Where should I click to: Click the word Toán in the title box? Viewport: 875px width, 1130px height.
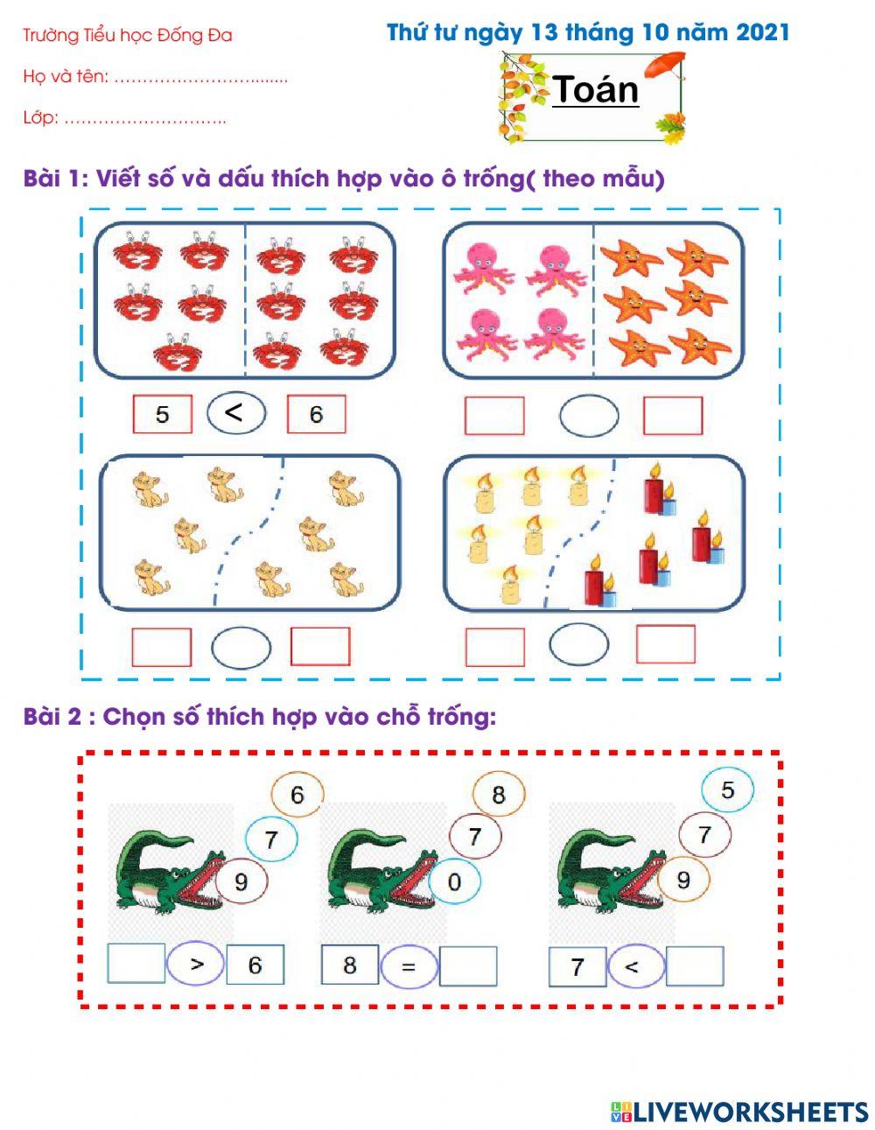pos(596,89)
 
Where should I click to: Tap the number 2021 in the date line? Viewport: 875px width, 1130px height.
pos(762,32)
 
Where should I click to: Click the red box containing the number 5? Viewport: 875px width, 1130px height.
pos(162,414)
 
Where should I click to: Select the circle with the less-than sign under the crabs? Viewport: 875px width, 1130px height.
pos(236,413)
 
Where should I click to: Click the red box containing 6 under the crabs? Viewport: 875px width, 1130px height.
pos(316,414)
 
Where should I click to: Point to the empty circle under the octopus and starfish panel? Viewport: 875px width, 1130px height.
pos(589,416)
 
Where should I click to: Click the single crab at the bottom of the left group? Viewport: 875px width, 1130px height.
pos(178,353)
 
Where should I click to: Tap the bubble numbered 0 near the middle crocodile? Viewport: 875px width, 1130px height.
pos(455,881)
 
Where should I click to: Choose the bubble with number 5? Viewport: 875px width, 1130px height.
pos(727,789)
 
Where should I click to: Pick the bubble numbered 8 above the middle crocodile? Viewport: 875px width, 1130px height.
pos(498,794)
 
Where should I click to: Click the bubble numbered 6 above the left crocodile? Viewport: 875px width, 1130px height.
pos(297,794)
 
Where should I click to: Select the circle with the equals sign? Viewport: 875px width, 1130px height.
pos(409,966)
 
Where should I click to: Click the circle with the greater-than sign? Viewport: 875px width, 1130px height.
pos(195,964)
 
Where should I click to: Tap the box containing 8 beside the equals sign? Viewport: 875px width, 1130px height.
pos(350,965)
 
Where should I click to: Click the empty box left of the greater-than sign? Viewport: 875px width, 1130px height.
pos(136,963)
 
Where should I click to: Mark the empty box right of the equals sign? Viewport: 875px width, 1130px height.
pos(468,966)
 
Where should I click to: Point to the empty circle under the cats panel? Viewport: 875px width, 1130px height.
pos(241,648)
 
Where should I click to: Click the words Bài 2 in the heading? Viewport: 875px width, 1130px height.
pos(52,717)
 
